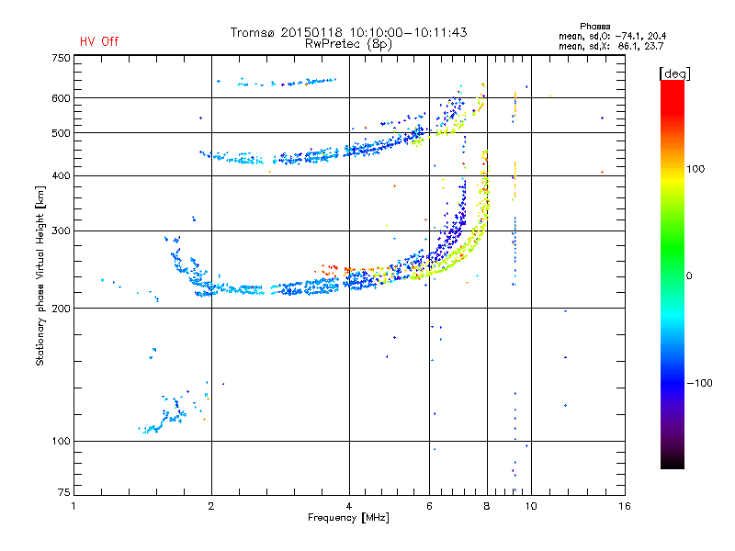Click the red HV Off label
99,41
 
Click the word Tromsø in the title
253,32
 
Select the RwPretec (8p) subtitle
348,44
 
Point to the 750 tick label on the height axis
61,58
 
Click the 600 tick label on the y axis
61,98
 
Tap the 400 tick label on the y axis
61,175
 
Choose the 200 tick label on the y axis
61,309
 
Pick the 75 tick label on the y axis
64,492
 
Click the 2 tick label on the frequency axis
211,506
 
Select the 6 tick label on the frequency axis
429,506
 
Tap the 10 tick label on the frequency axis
531,506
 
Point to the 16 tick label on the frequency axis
625,506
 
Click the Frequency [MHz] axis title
348,518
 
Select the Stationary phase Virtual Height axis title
40,275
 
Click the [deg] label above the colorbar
674,73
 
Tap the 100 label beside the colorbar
695,169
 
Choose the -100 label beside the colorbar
699,383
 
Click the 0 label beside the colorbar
689,275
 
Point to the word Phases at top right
594,27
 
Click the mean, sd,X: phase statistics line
611,46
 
